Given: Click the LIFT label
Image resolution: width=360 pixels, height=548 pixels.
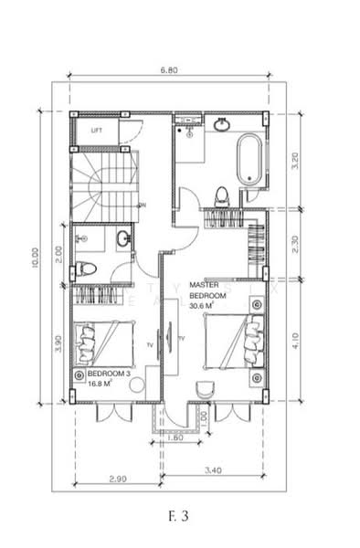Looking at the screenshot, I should click(x=97, y=131).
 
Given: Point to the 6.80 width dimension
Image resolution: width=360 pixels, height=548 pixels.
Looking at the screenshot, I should click(x=168, y=69).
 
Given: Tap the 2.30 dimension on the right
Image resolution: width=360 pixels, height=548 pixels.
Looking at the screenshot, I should click(x=294, y=245).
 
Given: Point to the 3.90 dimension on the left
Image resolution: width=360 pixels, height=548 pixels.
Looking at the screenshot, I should click(x=58, y=342).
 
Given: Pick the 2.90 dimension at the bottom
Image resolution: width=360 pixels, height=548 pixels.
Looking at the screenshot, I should click(x=117, y=479).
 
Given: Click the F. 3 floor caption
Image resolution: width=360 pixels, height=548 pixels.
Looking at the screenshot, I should click(x=178, y=516).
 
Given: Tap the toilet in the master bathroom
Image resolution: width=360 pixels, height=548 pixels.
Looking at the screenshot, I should click(x=221, y=195).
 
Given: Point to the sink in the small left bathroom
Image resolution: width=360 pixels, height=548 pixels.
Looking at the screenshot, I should click(x=122, y=239).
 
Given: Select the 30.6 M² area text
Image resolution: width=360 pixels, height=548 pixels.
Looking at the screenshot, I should click(x=203, y=307).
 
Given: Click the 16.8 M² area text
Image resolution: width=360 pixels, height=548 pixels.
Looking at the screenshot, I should click(x=100, y=385).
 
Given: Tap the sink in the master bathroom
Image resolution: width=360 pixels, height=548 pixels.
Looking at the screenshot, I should click(x=223, y=125).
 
